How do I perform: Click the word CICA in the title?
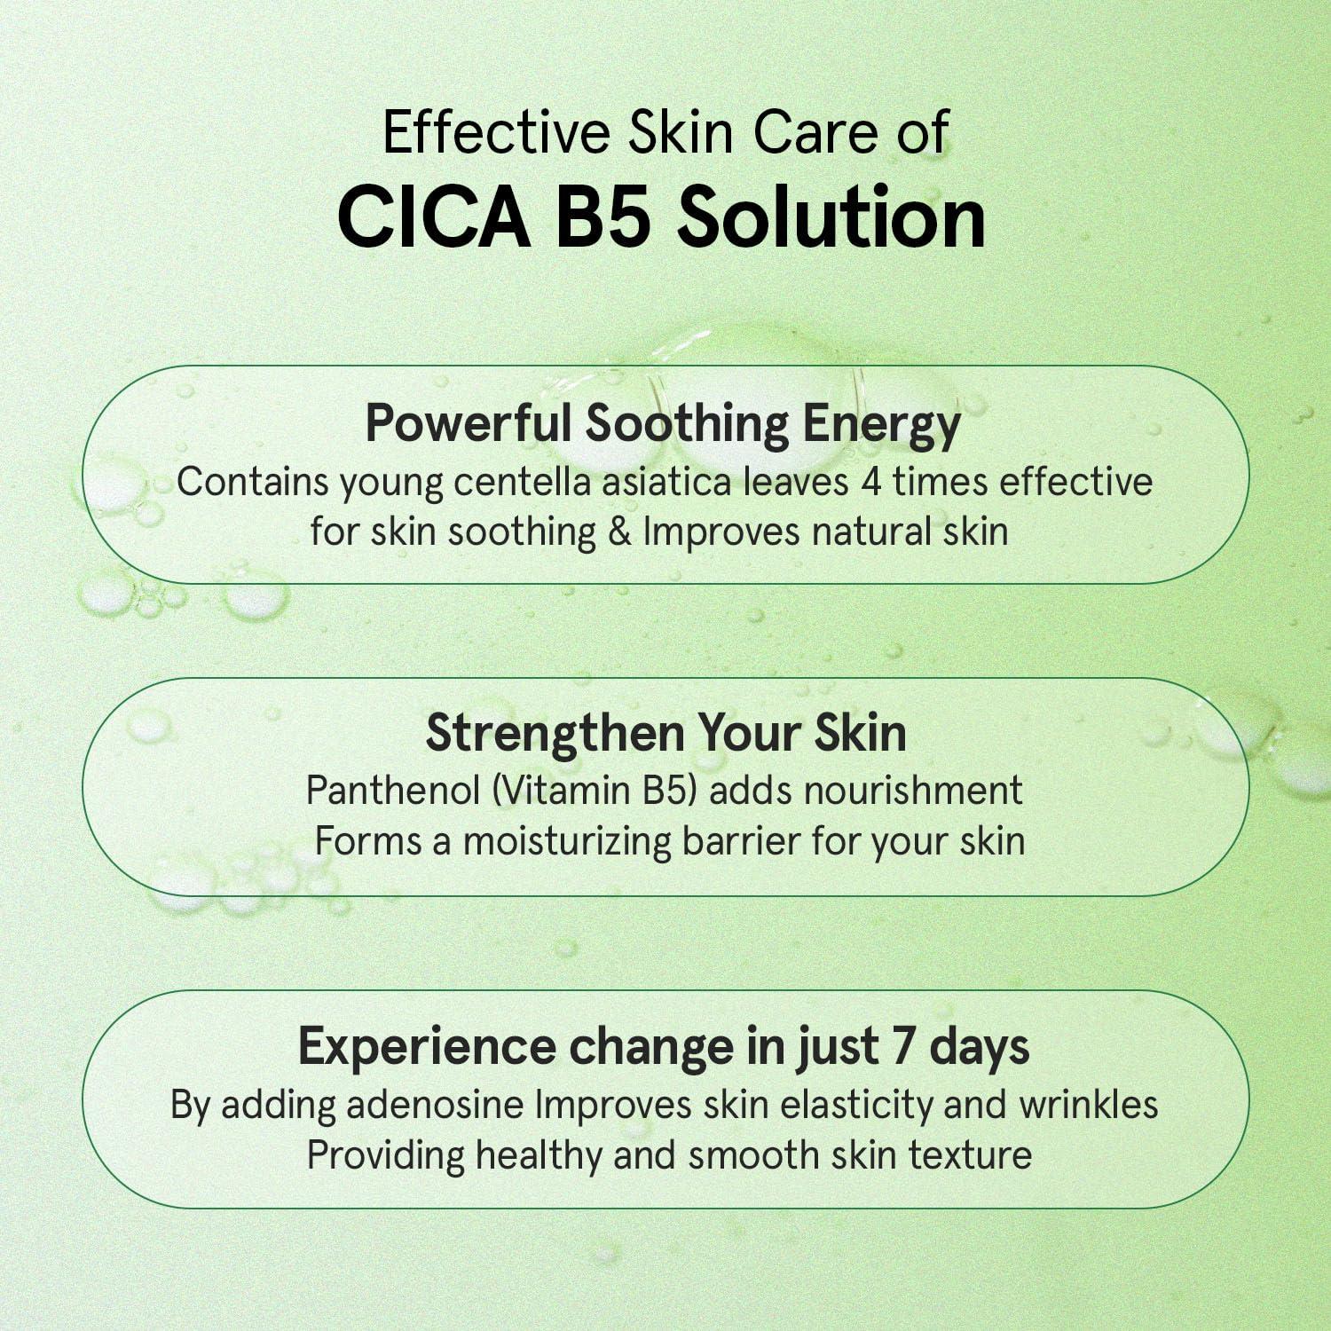tap(434, 218)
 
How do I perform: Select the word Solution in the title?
tap(831, 218)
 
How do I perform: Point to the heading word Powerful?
tap(468, 423)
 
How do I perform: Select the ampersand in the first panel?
tap(619, 532)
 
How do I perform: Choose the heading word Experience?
tap(426, 1048)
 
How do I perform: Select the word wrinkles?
tap(1089, 1106)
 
